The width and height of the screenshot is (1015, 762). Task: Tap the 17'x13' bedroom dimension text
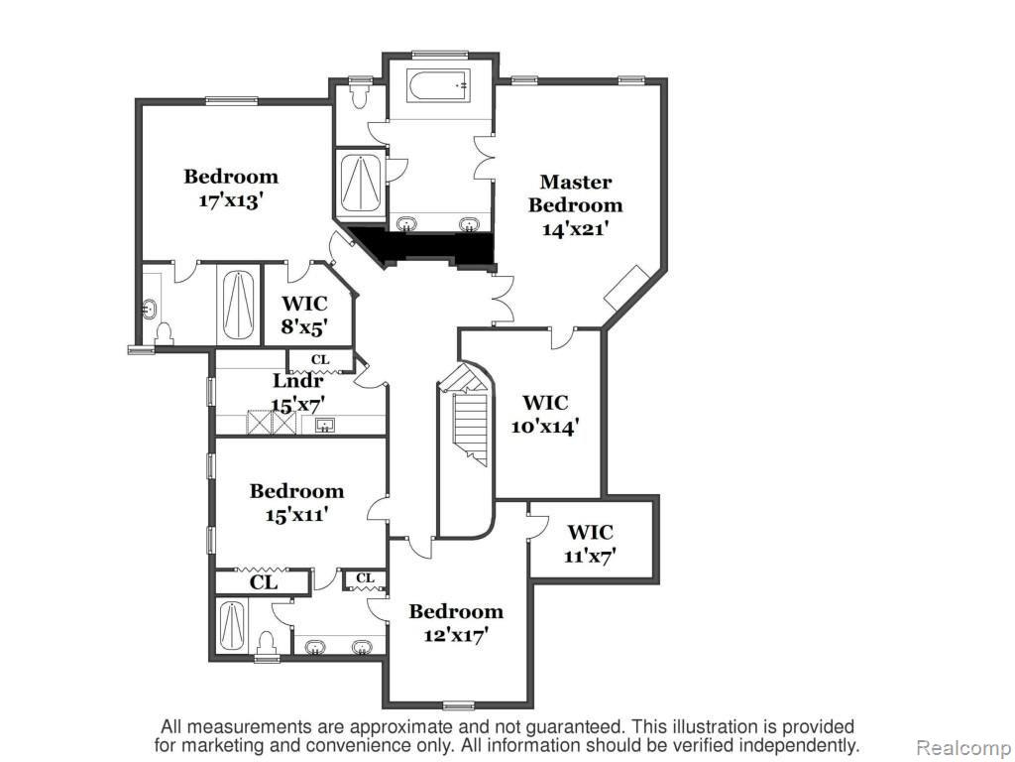click(230, 200)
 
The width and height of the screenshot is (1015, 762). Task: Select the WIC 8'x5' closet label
click(304, 315)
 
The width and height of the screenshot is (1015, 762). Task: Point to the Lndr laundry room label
click(297, 380)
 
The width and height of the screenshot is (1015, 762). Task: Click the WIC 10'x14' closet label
click(545, 414)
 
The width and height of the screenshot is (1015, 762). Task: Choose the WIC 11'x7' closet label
click(590, 543)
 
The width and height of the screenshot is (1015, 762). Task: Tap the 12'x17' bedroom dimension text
click(456, 635)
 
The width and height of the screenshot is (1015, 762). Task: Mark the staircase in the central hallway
click(466, 418)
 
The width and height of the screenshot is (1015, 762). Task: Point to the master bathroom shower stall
click(360, 183)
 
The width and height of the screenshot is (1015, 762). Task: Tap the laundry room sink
click(325, 425)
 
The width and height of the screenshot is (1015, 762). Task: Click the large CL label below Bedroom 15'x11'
click(264, 581)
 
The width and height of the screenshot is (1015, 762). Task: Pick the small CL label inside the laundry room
click(320, 359)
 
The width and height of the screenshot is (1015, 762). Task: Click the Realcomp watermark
click(965, 748)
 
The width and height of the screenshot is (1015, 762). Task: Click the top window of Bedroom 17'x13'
click(232, 100)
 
